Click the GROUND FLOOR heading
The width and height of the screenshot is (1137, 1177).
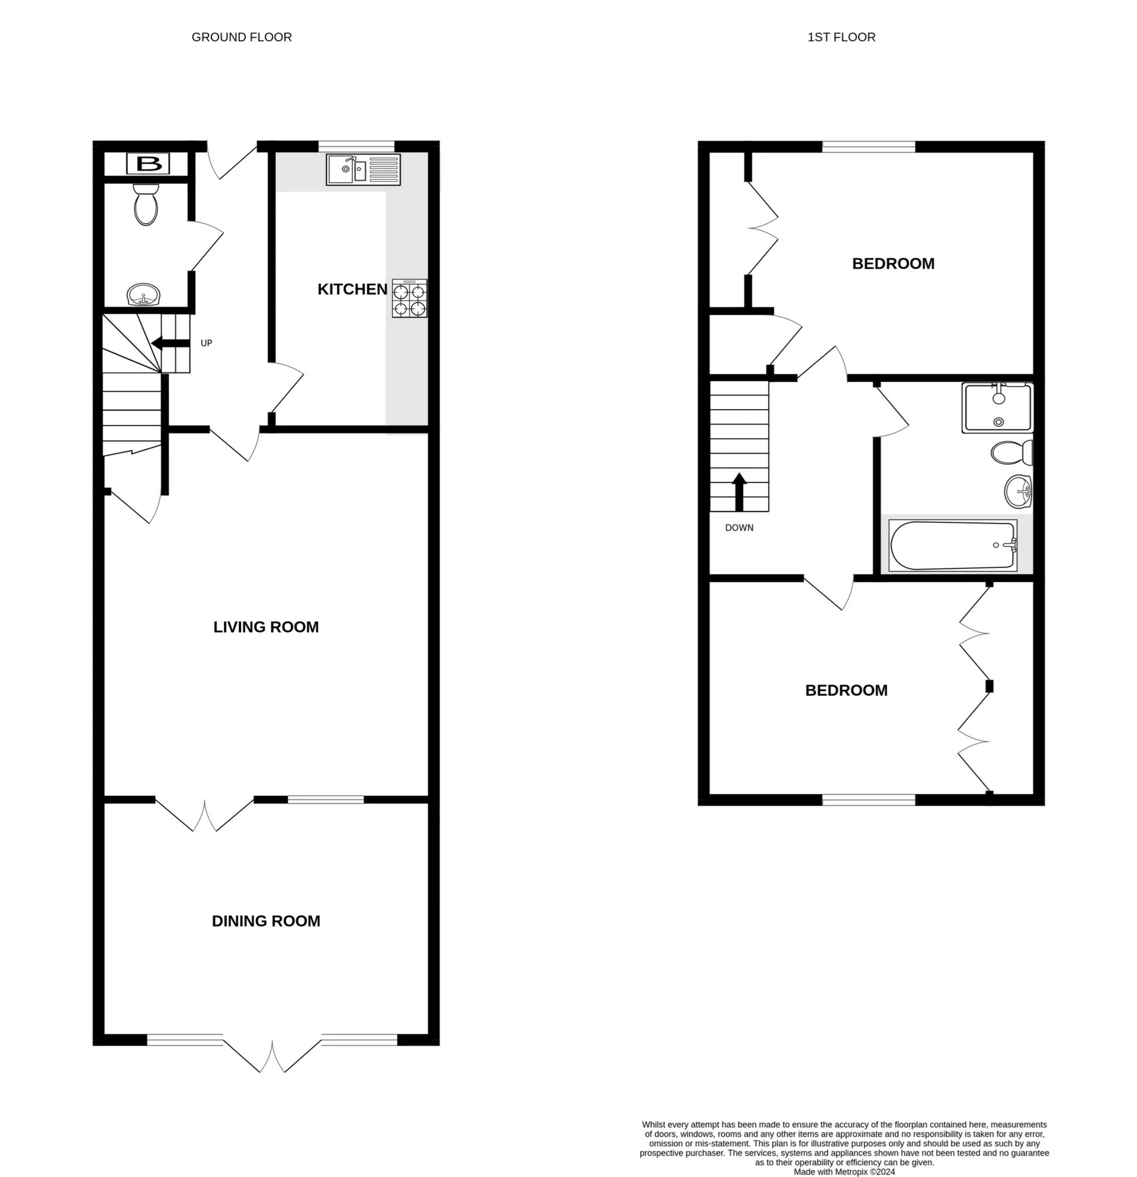point(242,37)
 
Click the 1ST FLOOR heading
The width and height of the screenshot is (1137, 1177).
point(841,37)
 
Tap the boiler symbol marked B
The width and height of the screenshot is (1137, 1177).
point(149,163)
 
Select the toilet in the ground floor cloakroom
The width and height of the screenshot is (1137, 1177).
point(146,204)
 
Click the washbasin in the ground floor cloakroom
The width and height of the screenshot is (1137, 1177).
point(143,295)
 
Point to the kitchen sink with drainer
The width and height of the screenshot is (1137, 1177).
point(364,169)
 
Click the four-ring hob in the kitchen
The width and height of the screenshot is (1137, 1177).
point(410,298)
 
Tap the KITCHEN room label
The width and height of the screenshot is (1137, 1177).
point(352,290)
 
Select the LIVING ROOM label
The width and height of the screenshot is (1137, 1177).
point(265,627)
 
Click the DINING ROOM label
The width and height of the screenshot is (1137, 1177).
point(265,921)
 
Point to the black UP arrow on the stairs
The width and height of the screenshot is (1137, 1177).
point(171,343)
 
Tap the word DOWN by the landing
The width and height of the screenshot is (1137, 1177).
point(739,528)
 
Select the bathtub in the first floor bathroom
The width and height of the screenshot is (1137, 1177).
point(953,545)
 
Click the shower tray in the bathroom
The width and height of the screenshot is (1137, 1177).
point(997,408)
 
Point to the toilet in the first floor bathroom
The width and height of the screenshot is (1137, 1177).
point(1011,452)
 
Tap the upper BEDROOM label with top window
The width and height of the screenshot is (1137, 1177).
point(892,263)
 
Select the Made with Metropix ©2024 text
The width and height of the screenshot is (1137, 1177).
point(844,1172)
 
